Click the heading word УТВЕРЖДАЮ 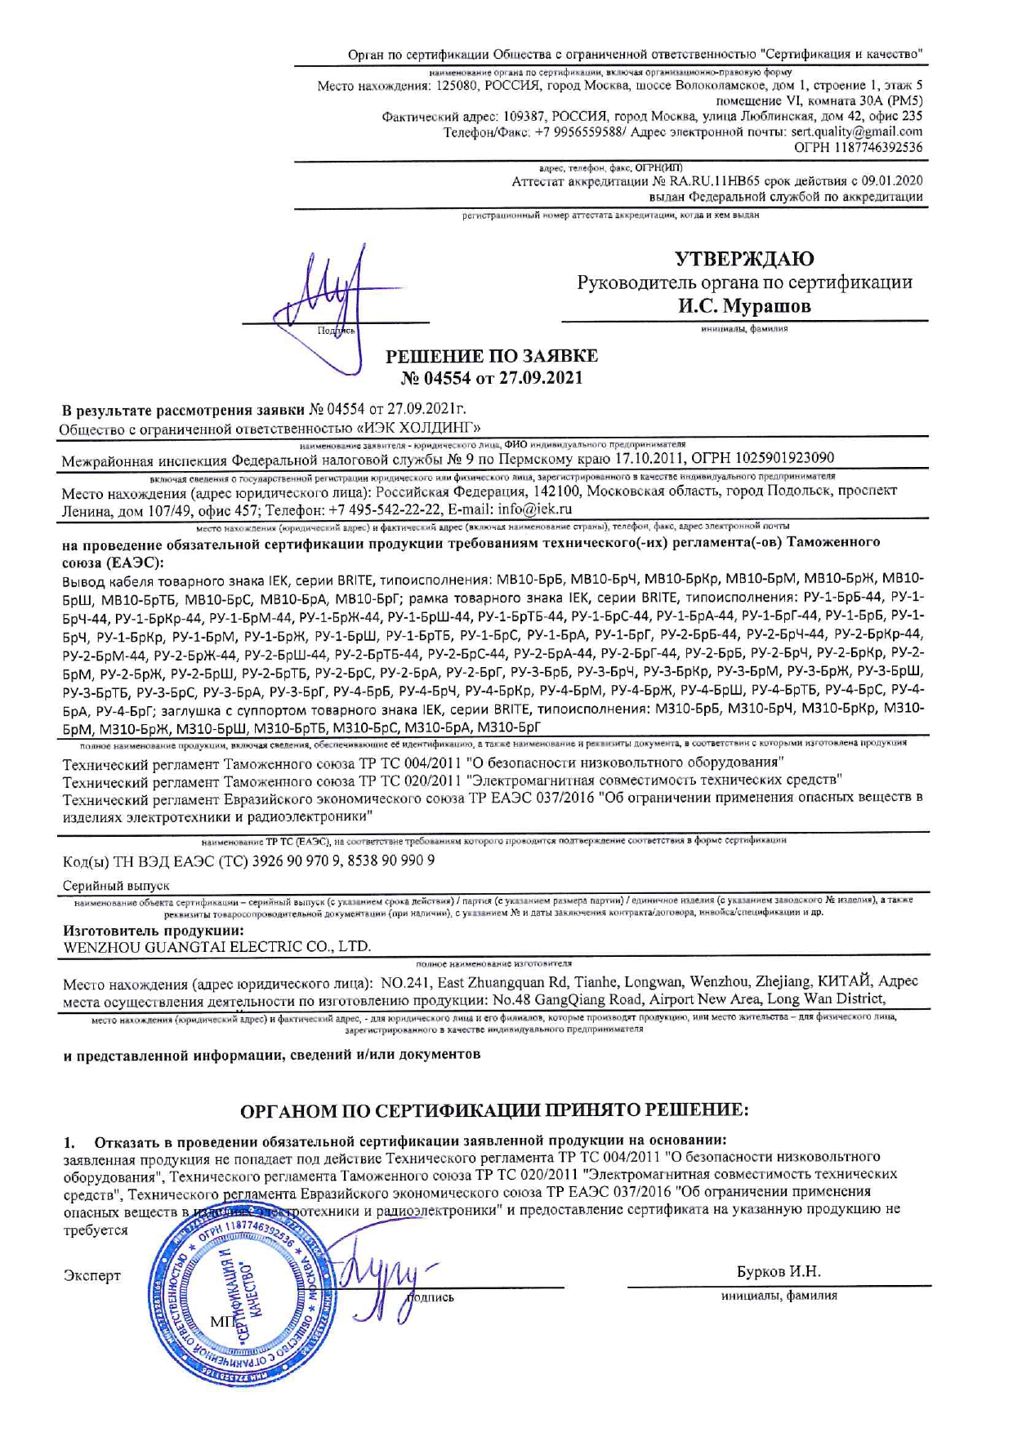click(x=744, y=259)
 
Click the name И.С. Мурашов click(x=744, y=307)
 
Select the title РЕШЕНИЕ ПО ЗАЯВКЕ click(x=491, y=356)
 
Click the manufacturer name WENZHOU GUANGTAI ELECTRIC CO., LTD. click(x=217, y=947)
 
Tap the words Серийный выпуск click(x=116, y=886)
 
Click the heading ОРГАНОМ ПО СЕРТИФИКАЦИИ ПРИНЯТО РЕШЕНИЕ click(x=494, y=1110)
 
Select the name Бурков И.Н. click(x=778, y=1272)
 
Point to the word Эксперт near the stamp click(x=92, y=1276)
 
